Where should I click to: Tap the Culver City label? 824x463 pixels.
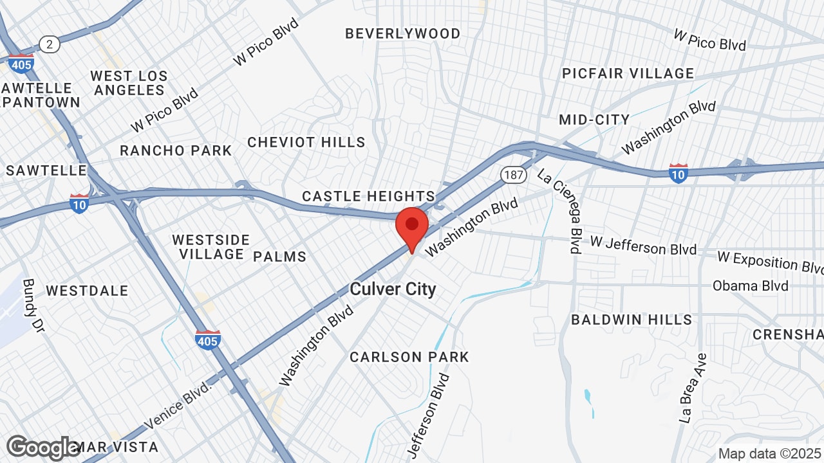coord(393,289)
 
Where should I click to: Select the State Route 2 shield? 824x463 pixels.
coord(49,44)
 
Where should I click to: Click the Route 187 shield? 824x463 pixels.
coord(513,174)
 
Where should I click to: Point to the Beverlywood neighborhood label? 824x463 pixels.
coord(403,33)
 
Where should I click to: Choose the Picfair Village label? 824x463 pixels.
coord(628,73)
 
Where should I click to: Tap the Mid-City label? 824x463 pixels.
coord(594,120)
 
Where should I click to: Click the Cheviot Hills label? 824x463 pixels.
coord(306,142)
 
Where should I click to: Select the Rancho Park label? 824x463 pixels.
coord(176,150)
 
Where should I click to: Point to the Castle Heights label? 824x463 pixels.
coord(369,196)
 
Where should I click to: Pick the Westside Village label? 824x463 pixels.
coord(211,247)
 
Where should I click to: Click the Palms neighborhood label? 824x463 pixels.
coord(279,257)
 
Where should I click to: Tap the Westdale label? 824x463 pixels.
coord(87,291)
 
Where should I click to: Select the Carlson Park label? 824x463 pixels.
coord(409,357)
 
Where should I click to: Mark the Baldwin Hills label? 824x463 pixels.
coord(632,320)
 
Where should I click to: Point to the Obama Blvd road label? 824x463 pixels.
coord(750,286)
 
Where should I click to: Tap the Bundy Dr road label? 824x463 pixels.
coord(32,305)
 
